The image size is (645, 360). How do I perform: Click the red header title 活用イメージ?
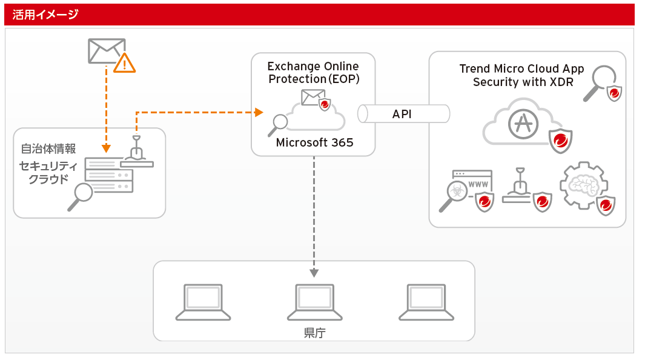46,15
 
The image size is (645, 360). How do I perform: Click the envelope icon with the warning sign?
106,51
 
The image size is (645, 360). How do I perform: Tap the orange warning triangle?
125,62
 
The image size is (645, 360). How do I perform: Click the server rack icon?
109,175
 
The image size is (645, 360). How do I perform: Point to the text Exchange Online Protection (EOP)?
313,73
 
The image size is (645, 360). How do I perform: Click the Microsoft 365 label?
314,142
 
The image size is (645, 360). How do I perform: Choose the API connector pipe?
403,114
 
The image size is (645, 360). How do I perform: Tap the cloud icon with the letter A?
520,124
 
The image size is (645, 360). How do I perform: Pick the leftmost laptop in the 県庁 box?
203,302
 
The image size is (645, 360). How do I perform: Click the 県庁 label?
315,333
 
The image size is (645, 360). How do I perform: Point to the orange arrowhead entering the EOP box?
259,112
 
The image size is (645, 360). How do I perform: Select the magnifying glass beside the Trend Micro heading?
600,81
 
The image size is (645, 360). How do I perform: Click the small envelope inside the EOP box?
313,97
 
